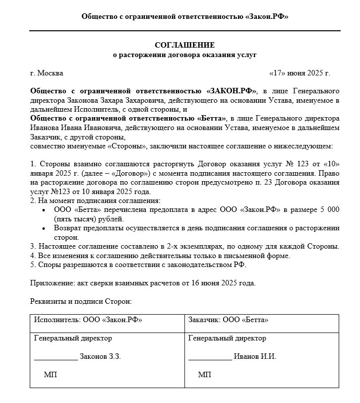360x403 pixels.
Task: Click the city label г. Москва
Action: pyautogui.click(x=47, y=73)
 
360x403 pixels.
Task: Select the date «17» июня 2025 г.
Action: pyautogui.click(x=299, y=73)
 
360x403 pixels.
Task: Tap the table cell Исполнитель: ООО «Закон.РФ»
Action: pyautogui.click(x=88, y=320)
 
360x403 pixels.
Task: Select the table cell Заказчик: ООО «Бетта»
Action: pyautogui.click(x=229, y=320)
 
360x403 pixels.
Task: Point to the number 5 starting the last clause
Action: pyautogui.click(x=32, y=265)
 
